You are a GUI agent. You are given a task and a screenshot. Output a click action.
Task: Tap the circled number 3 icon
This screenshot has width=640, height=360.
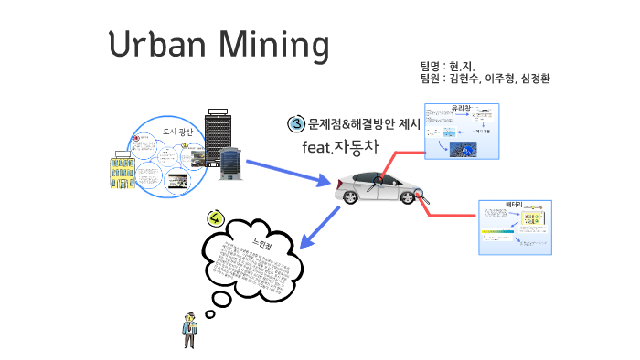(x=296, y=124)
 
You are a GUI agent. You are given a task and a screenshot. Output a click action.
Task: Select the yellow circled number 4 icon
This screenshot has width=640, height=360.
(x=215, y=217)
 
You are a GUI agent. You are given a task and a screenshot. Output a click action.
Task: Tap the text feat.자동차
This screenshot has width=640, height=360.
(x=338, y=146)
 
